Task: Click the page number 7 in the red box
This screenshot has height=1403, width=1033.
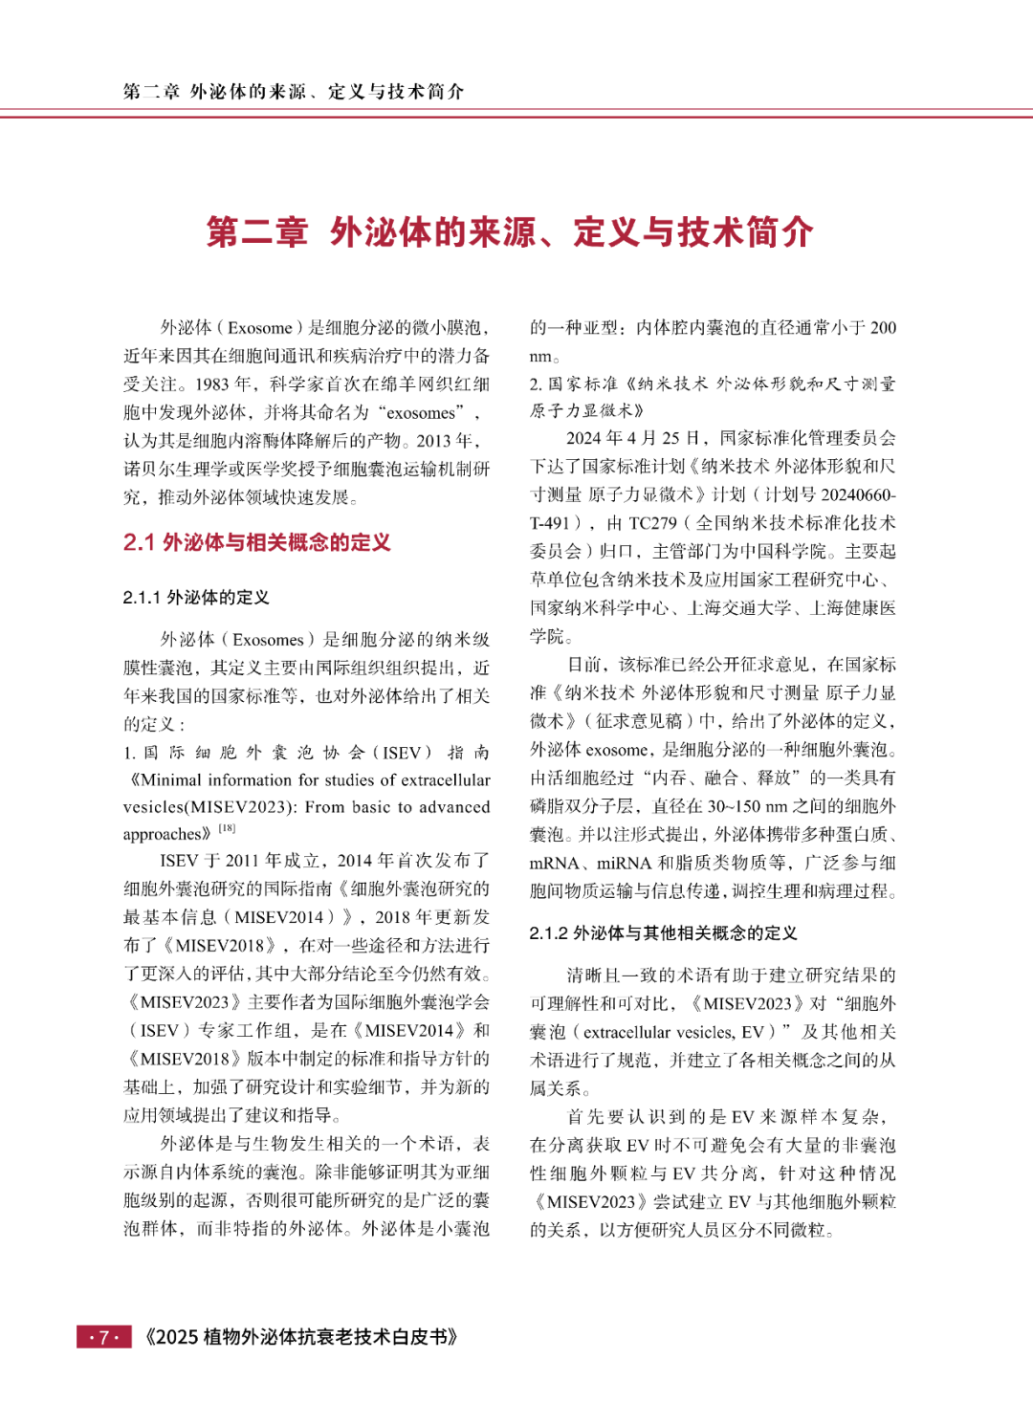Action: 103,1337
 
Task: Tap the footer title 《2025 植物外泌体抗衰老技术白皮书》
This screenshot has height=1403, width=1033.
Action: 300,1337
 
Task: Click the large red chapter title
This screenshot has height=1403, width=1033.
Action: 510,232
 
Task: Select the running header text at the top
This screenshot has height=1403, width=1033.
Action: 294,92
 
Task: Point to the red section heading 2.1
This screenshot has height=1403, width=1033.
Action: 257,543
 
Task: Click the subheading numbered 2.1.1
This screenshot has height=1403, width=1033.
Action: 196,598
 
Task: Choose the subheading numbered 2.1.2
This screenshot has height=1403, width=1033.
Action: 663,933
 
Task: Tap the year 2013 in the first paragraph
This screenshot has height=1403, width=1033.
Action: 434,441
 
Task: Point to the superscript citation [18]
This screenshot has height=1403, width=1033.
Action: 227,828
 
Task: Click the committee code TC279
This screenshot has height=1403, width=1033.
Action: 653,523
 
